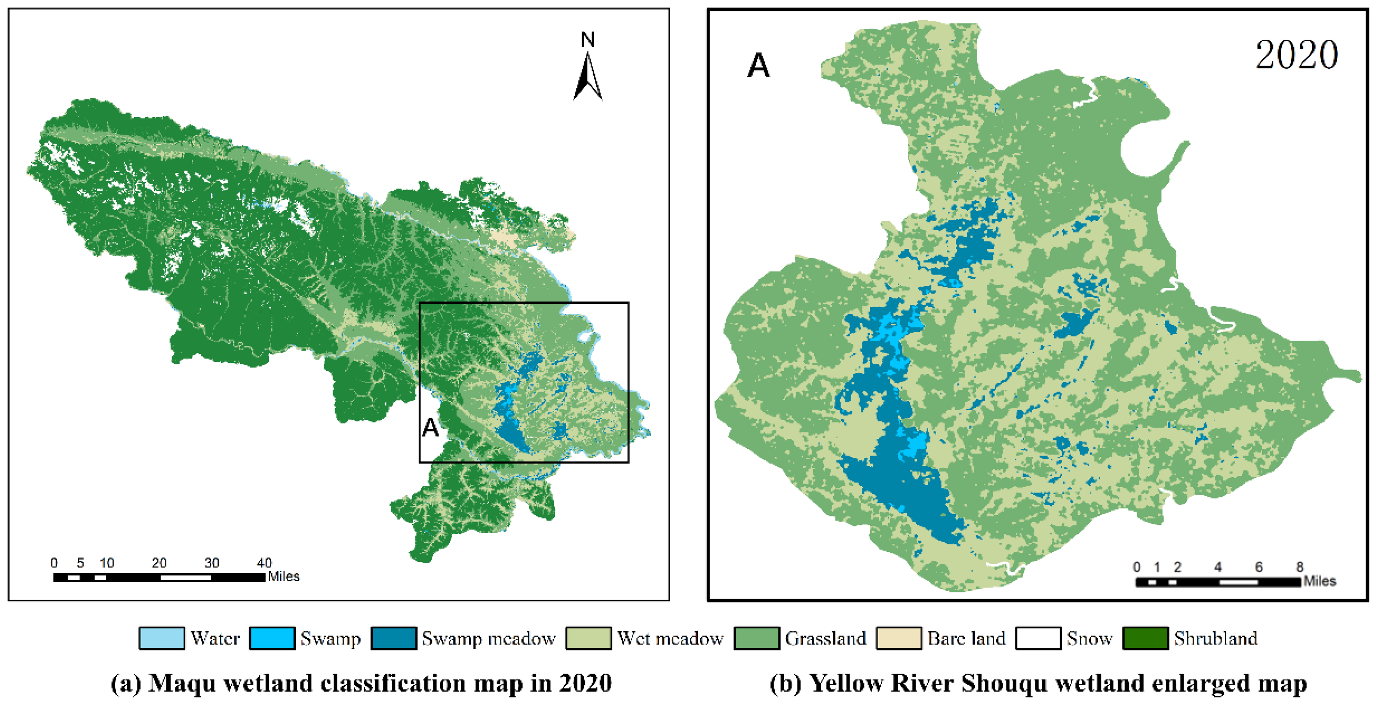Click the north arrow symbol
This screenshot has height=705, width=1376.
coord(587,77)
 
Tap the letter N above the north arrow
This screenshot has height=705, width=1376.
coord(587,40)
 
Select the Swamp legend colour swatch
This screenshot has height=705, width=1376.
coord(272,638)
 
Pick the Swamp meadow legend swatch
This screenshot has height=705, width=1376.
coord(394,638)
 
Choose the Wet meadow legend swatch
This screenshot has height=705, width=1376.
coord(589,638)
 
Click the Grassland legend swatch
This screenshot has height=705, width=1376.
coord(757,638)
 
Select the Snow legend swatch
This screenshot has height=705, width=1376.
coord(1038,638)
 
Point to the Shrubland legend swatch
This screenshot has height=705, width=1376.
coord(1145,638)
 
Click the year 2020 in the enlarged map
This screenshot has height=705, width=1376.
coord(1297,55)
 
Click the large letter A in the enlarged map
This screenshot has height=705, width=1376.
coord(758,66)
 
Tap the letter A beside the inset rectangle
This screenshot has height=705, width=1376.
coord(430,427)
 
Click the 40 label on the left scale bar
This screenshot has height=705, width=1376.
coord(265,563)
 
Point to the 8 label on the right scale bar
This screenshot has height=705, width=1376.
coord(1299,567)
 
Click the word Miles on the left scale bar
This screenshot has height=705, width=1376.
coord(284,577)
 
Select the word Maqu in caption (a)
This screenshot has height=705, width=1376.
coord(182,683)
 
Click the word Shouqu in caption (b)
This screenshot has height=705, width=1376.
coord(1004,683)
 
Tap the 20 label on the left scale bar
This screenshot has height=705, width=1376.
coord(159,563)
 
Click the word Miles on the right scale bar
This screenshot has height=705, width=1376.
coord(1319,581)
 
